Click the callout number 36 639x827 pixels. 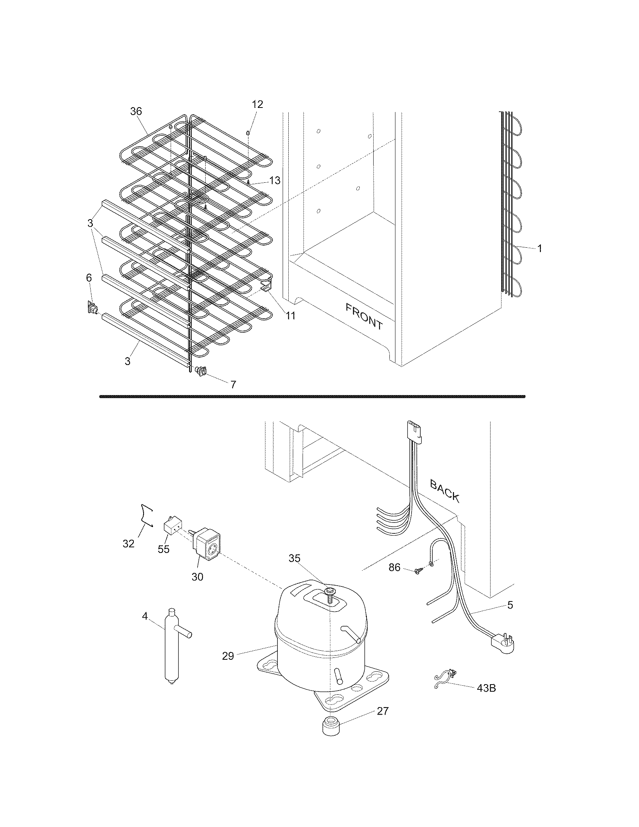136,111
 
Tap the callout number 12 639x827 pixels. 257,104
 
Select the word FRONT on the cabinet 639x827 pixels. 364,316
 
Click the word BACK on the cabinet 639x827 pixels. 445,491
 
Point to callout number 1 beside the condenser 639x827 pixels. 540,248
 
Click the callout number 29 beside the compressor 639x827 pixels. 228,656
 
